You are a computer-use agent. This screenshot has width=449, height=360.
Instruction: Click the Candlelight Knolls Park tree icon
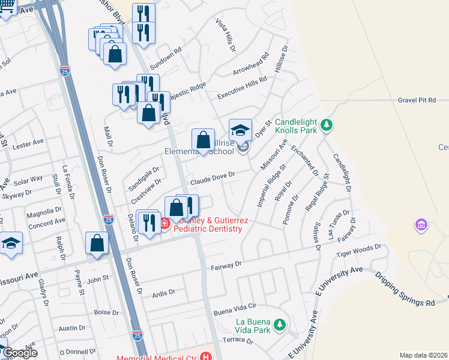(x=326, y=125)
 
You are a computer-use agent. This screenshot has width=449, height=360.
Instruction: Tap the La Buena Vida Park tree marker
(x=279, y=325)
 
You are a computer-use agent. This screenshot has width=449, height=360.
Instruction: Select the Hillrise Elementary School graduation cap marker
(x=240, y=130)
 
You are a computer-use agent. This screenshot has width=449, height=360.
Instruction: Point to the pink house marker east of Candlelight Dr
(x=421, y=226)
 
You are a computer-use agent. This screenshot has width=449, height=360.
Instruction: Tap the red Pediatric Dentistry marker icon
(x=164, y=223)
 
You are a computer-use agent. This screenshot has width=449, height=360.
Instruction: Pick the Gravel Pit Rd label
(x=423, y=100)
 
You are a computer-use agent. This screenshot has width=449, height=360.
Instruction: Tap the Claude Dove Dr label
(x=212, y=178)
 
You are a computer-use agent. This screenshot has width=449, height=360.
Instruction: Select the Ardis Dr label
(x=163, y=292)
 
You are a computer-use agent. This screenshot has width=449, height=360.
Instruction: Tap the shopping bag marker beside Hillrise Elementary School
(x=203, y=140)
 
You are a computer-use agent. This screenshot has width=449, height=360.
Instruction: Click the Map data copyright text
(x=423, y=355)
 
